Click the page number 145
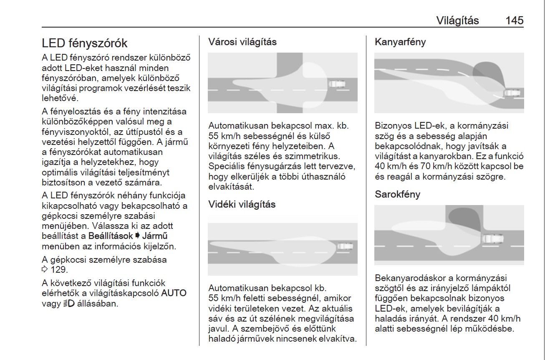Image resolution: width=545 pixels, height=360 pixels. coord(514,20)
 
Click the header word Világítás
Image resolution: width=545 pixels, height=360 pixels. coord(457,20)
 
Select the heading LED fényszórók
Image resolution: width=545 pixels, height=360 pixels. coord(85,43)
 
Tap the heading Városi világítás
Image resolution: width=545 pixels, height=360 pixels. coord(242,42)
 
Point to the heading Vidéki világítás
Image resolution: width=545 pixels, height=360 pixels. coord(242,204)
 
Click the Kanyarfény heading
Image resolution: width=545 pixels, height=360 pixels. coord(400,42)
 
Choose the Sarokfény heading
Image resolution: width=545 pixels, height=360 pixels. coord(397,194)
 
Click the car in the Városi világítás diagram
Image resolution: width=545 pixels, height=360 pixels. coord(336,84)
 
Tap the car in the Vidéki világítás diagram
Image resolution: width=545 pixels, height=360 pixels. coord(345,246)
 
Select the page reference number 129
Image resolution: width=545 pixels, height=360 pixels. coord(58,269)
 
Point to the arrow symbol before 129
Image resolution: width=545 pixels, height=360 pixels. coord(45,269)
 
